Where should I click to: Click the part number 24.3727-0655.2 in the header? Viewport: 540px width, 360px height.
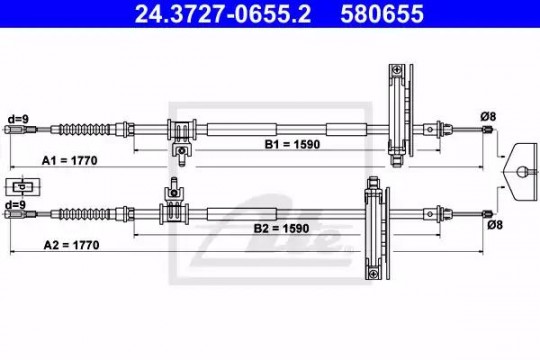pos(223,14)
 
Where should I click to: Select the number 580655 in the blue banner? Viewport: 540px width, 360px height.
pos(382,14)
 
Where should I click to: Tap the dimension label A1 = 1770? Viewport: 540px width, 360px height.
pos(70,161)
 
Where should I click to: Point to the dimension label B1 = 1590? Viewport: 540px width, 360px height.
pos(292,144)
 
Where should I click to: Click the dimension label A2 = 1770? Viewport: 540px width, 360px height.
pos(71,245)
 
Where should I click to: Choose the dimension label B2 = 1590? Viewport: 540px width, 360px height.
pos(281,228)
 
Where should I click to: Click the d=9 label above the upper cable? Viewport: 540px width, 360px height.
pos(18,119)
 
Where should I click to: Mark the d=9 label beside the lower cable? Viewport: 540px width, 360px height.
pos(15,205)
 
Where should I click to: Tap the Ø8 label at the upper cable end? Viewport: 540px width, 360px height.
pos(488,117)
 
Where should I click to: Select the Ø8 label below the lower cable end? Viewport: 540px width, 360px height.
pos(495,225)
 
